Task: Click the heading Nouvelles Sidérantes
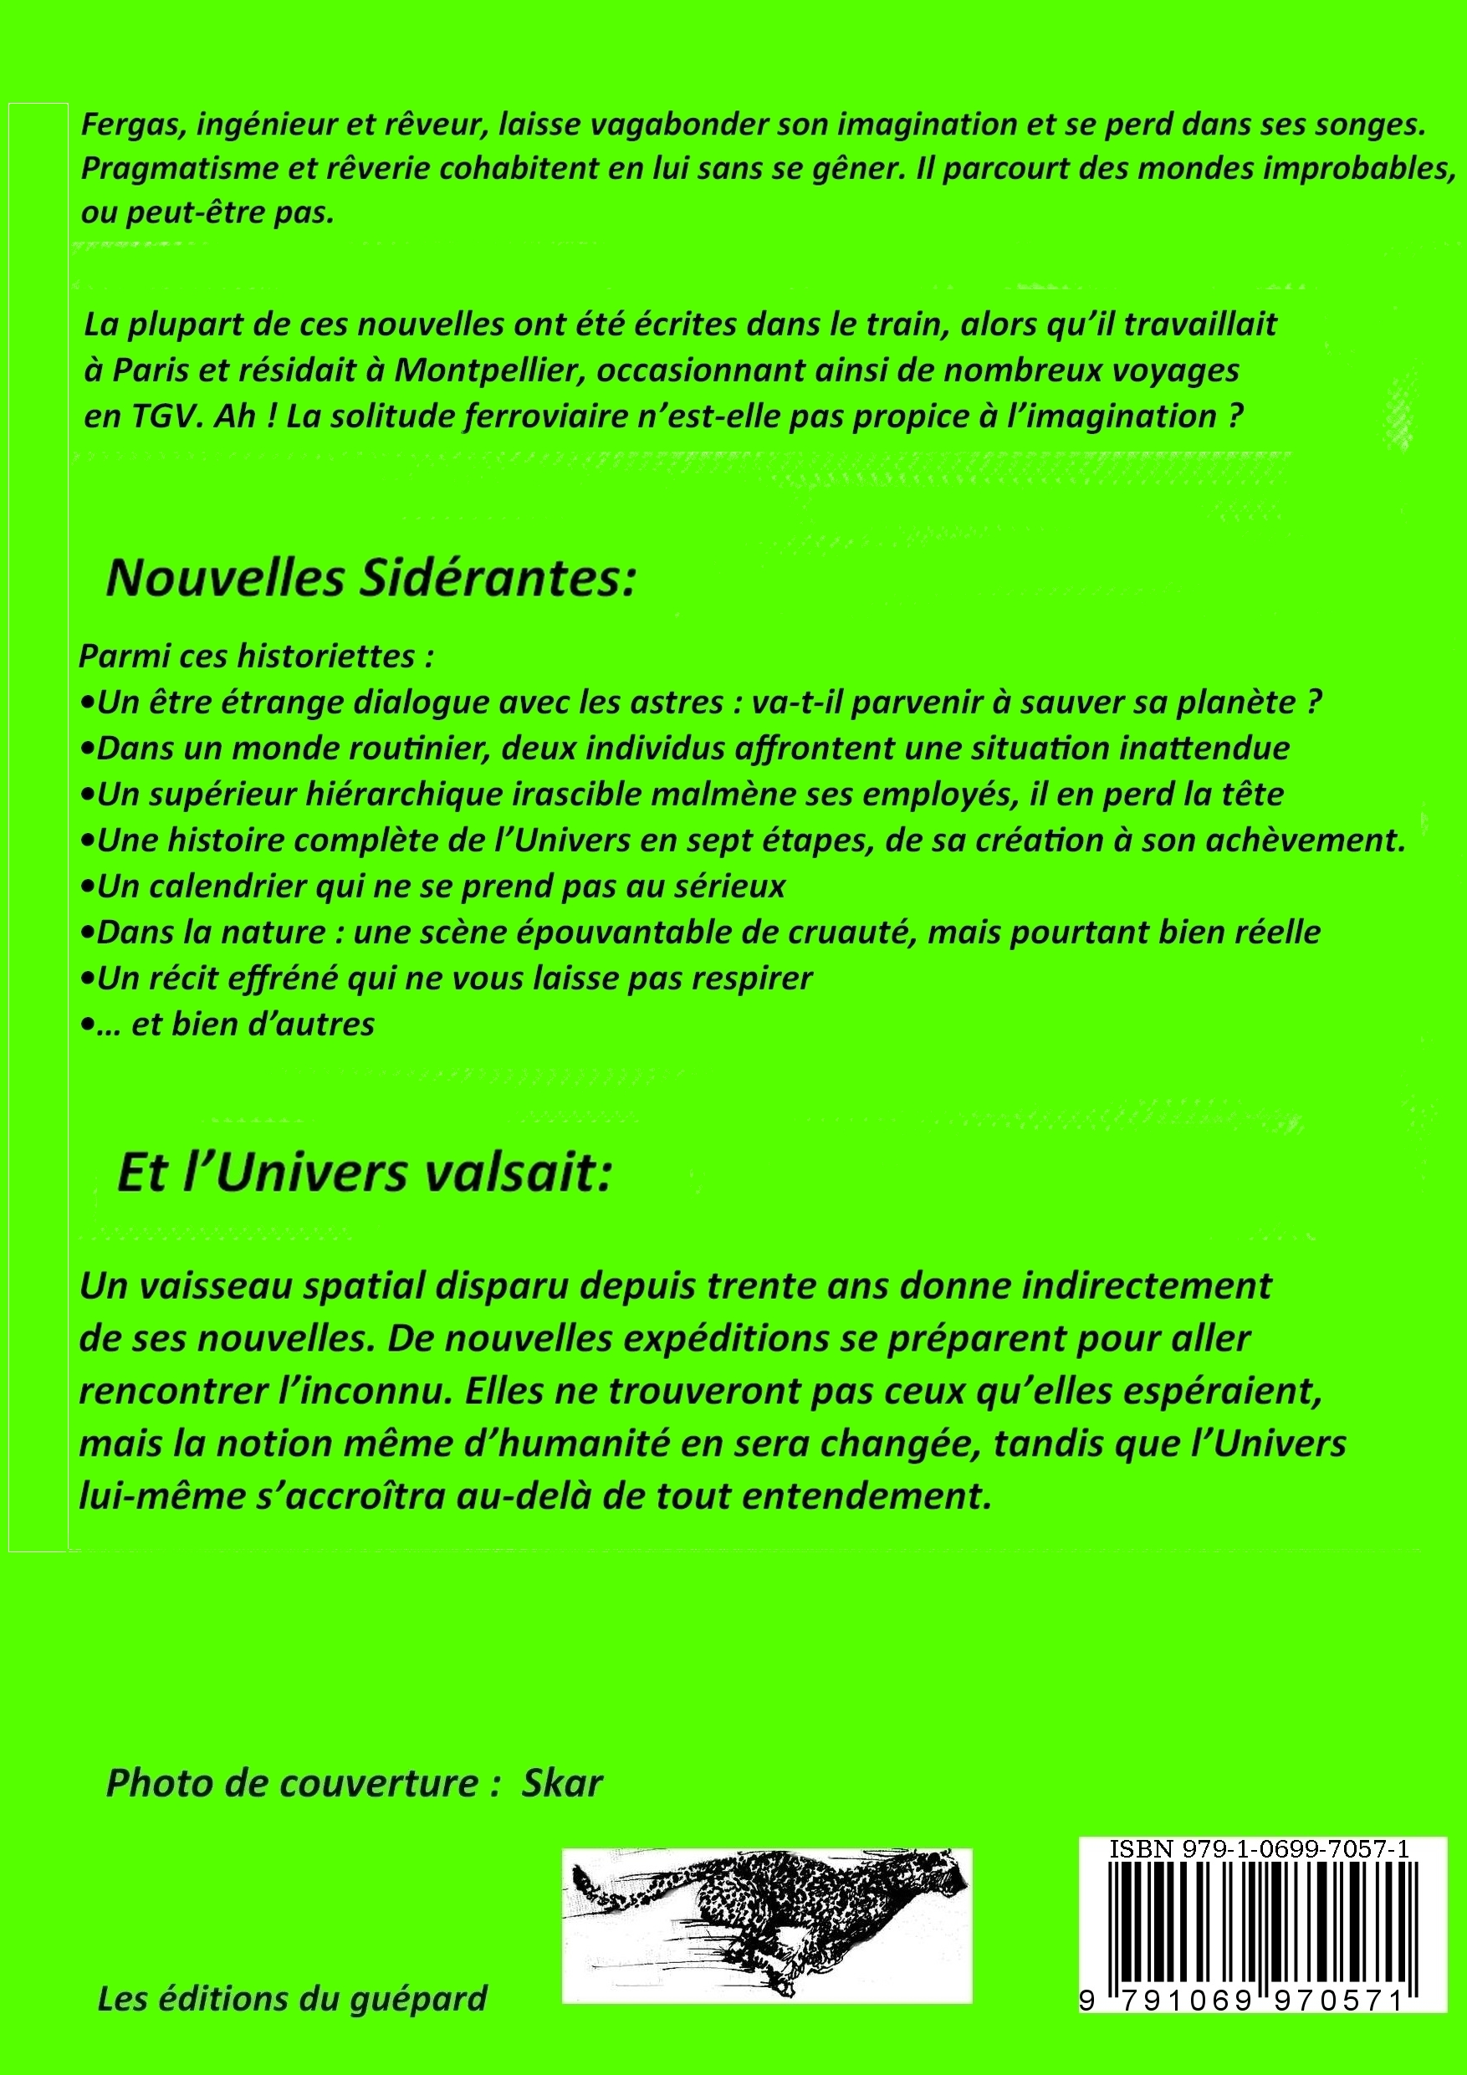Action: point(371,579)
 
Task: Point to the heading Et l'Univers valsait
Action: point(365,1174)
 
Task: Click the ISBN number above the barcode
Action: point(1258,1850)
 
